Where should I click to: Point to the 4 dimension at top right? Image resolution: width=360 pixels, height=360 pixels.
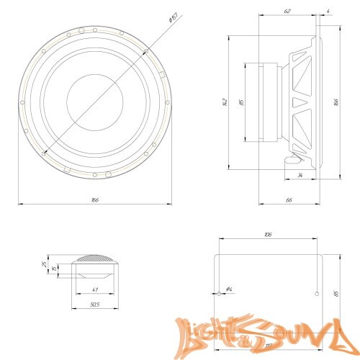328,12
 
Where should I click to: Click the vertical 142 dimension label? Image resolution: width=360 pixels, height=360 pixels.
225,103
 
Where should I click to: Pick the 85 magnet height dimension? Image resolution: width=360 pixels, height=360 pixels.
242,102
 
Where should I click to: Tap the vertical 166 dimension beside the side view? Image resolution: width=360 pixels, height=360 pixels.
337,102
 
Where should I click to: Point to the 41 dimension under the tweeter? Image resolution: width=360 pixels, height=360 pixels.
94,289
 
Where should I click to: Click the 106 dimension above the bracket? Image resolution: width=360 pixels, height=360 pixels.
268,235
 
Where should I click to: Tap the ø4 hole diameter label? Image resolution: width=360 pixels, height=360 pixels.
228,289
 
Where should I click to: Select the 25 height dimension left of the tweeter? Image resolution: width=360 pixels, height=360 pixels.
45,265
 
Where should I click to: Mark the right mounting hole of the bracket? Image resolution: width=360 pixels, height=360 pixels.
317,293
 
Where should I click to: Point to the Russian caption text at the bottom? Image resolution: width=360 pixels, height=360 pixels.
180,355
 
